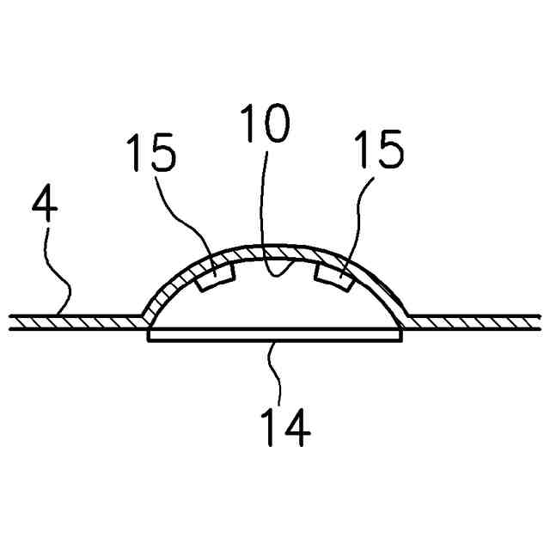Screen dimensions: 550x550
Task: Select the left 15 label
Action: [x=151, y=154]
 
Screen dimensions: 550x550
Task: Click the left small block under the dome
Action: [x=217, y=277]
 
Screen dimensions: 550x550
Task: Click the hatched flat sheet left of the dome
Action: [x=77, y=321]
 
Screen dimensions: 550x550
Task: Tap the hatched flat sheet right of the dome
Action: [x=477, y=321]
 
